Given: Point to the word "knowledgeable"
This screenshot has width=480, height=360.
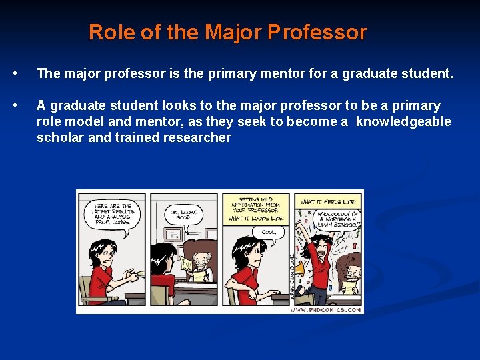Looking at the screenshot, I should pos(403,121).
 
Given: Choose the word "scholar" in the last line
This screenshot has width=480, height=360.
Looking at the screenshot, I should pos(59,137).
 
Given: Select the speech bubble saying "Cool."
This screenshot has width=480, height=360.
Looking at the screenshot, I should pos(269,233).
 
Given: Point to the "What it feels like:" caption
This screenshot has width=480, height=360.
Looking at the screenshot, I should pos(328,201).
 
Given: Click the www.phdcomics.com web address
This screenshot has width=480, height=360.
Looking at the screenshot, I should pos(326,309).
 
